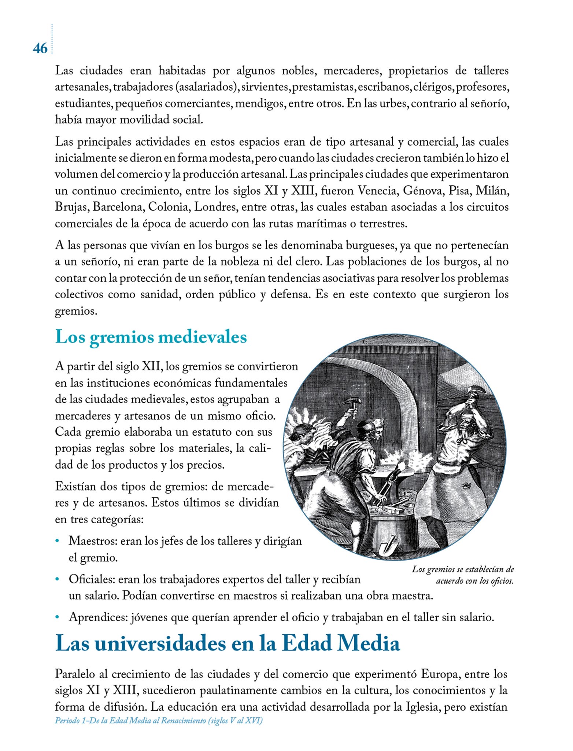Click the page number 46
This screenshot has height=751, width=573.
click(40, 48)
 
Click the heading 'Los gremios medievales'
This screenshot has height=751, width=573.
click(151, 337)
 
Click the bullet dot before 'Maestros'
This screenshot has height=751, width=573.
click(57, 541)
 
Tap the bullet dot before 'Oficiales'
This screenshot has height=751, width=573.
click(57, 580)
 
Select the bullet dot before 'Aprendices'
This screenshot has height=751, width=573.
click(57, 618)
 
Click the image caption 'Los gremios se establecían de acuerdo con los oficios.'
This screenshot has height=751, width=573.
click(463, 575)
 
